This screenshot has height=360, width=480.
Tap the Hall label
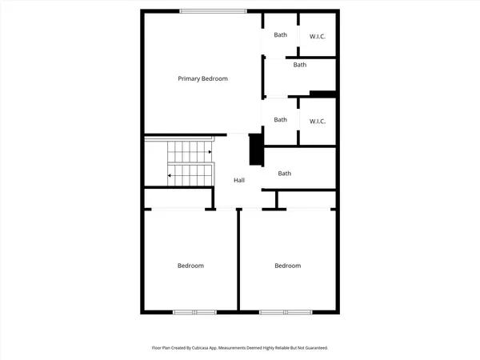(x=238, y=180)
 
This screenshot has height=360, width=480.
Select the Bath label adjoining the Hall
(x=284, y=174)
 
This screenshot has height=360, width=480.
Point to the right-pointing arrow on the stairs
(x=210, y=150)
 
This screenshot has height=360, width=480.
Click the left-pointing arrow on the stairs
(x=169, y=174)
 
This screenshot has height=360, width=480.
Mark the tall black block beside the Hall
(x=256, y=150)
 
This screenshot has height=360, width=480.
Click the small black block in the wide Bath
(x=322, y=94)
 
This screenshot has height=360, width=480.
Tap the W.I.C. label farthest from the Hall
(x=318, y=36)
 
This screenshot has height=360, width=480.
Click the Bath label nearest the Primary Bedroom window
(x=280, y=34)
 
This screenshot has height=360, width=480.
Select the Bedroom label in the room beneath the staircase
(x=190, y=266)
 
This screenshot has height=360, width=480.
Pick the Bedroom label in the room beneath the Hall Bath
(x=287, y=266)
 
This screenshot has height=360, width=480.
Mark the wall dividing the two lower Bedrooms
(x=238, y=260)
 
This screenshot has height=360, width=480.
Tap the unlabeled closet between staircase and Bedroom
(x=178, y=198)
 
